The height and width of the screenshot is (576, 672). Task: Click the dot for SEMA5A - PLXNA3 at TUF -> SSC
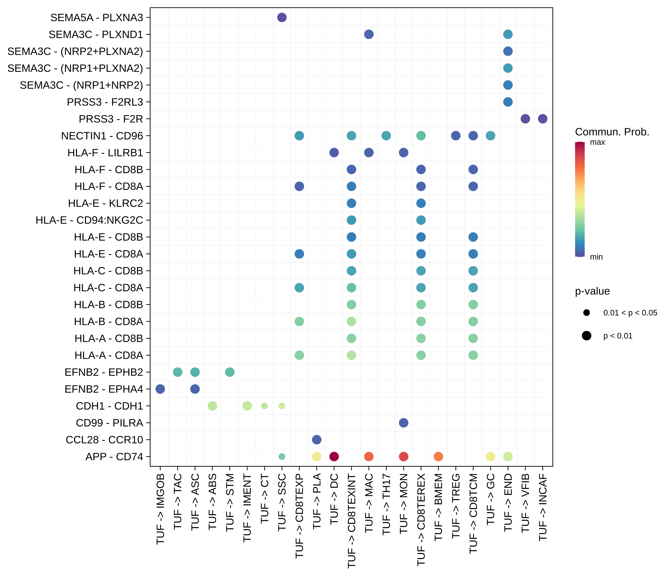(282, 17)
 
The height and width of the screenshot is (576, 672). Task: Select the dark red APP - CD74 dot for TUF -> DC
(334, 456)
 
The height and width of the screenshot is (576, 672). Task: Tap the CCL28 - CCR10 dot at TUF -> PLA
(317, 439)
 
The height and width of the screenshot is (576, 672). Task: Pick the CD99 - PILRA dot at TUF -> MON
(403, 423)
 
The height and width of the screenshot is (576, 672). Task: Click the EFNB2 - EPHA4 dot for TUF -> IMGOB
(160, 389)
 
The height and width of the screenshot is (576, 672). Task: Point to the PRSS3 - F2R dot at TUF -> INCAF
(543, 119)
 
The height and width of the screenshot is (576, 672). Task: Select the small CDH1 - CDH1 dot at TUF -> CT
(265, 406)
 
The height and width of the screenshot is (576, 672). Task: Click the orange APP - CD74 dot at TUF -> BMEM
(438, 456)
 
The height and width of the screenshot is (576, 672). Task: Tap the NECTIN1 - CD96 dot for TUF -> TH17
(386, 136)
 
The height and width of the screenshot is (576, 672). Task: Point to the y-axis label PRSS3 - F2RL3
(105, 102)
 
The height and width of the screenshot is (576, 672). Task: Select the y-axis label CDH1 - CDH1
(109, 406)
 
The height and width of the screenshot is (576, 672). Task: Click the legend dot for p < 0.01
(586, 336)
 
